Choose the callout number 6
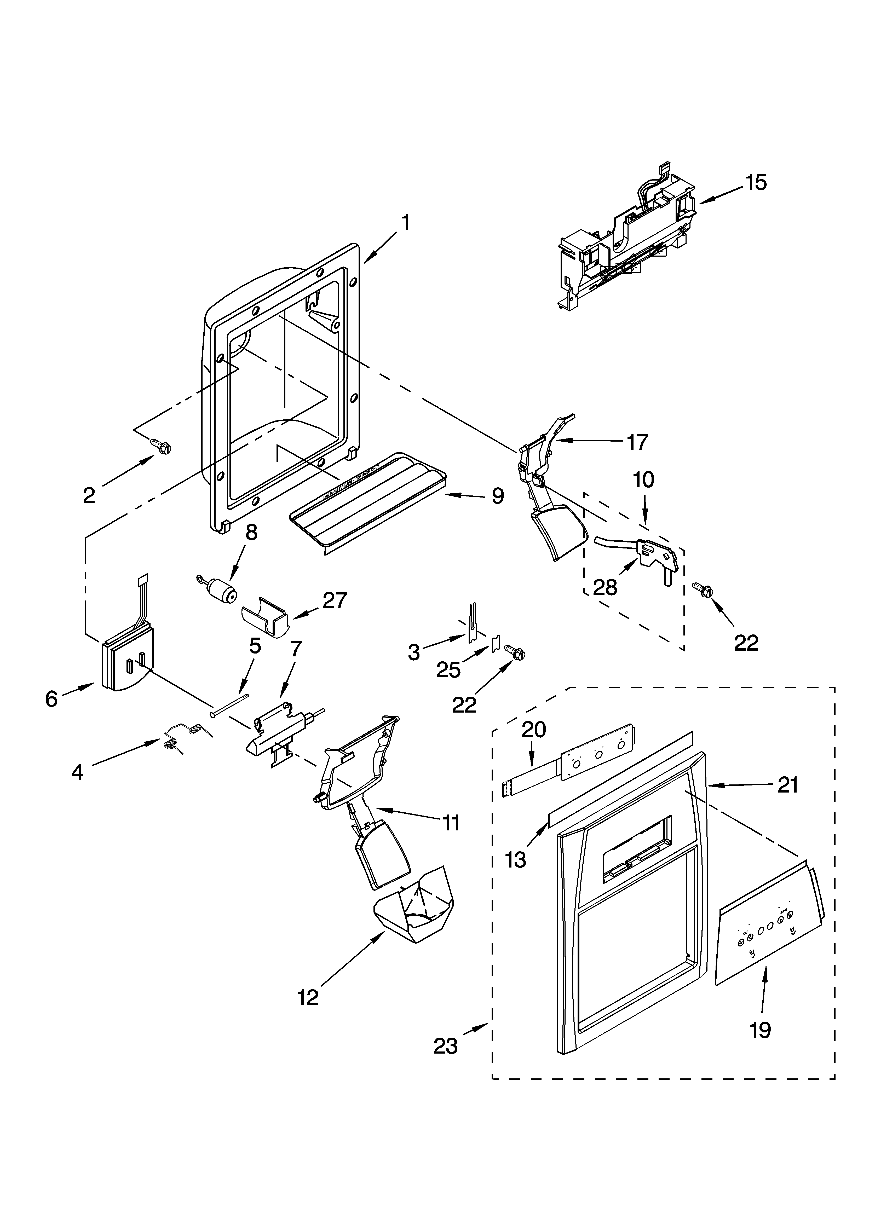point(51,699)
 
